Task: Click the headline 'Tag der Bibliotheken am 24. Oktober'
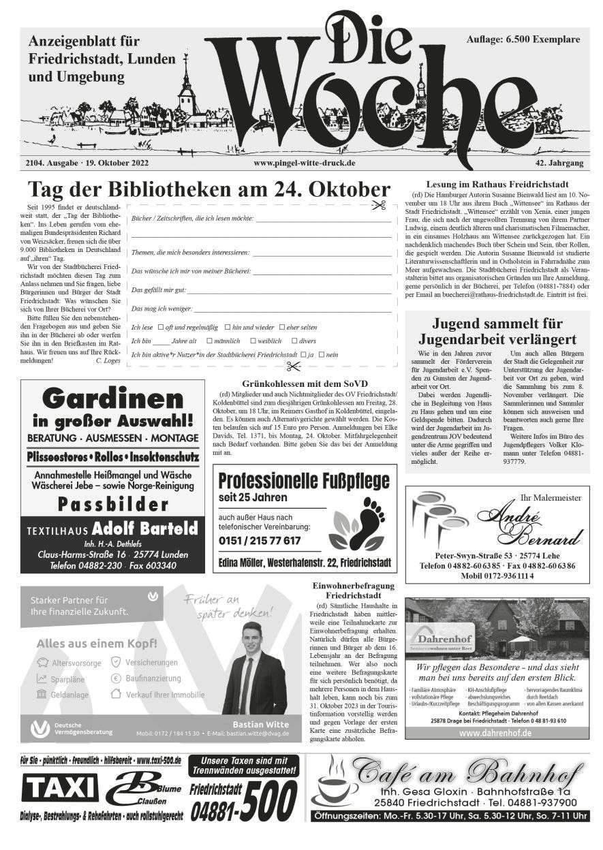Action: [208, 190]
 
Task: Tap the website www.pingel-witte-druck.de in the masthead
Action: [304, 163]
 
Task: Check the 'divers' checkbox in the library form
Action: [294, 341]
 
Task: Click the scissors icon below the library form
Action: [293, 366]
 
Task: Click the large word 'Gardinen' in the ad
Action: [112, 398]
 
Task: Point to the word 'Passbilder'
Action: [112, 505]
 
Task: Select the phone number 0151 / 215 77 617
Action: [260, 541]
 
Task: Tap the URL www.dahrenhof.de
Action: [495, 734]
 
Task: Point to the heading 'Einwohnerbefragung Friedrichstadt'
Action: [343, 591]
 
